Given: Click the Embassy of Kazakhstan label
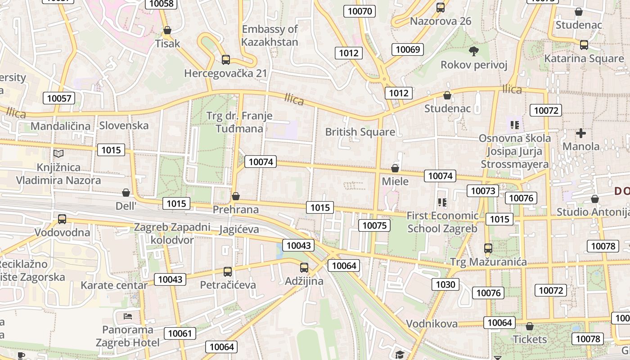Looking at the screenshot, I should click(x=270, y=36).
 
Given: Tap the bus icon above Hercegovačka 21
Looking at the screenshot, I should click(x=226, y=59).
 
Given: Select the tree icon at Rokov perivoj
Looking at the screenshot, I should click(x=473, y=51).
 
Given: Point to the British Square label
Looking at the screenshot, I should click(x=360, y=132).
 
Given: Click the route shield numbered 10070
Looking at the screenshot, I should click(x=360, y=11).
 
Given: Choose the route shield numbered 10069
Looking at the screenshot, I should click(x=408, y=49).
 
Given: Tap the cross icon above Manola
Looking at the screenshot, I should click(x=581, y=133).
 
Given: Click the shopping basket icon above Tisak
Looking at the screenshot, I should click(x=167, y=30).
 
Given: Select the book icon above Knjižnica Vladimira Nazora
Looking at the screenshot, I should click(x=58, y=153).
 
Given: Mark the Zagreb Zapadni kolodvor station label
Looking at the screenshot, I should click(x=172, y=233).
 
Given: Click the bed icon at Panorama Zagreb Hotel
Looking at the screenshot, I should click(x=128, y=316).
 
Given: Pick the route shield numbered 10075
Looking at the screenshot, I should click(x=374, y=225).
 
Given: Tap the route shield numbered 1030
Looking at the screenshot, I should click(x=445, y=284).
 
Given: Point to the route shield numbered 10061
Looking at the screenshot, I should click(x=180, y=333).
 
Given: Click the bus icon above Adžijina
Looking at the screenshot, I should click(x=304, y=268).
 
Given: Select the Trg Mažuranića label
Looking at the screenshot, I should click(x=488, y=262).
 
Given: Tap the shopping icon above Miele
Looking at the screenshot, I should click(x=395, y=168).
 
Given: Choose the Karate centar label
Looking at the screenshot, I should click(x=114, y=285).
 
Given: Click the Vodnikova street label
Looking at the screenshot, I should click(x=432, y=324).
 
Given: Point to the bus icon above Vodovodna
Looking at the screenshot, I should click(x=62, y=219).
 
